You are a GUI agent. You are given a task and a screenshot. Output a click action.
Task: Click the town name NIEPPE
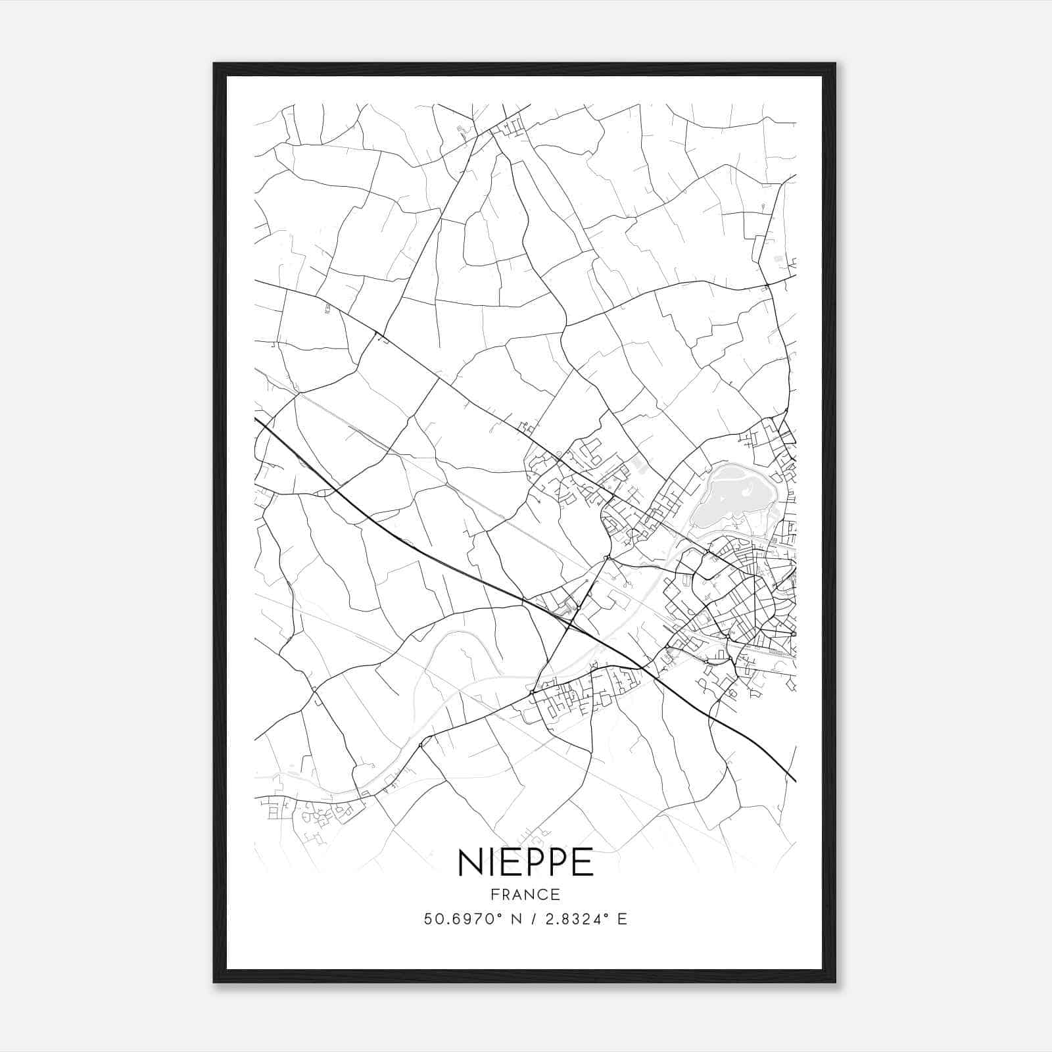pyautogui.click(x=525, y=863)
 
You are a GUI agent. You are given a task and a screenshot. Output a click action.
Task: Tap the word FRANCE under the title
pyautogui.click(x=525, y=894)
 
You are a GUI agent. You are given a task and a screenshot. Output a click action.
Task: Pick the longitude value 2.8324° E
pyautogui.click(x=581, y=919)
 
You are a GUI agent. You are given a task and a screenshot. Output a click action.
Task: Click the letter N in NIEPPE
pyautogui.click(x=470, y=863)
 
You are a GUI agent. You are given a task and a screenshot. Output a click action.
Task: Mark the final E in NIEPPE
pyautogui.click(x=583, y=863)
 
